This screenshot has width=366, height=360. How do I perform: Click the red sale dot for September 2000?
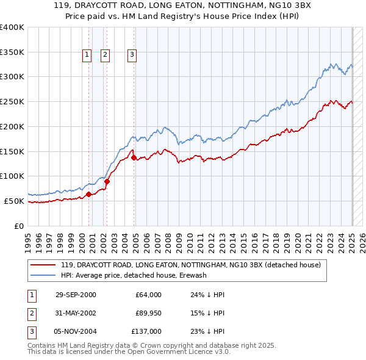pyautogui.click(x=88, y=194)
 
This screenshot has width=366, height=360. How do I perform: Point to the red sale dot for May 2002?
pyautogui.click(x=107, y=181)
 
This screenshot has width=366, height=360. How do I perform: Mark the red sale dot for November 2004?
pyautogui.click(x=134, y=157)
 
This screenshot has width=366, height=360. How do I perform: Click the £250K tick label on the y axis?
pyautogui.click(x=12, y=102)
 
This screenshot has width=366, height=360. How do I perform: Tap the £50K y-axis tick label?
pyautogui.click(x=14, y=201)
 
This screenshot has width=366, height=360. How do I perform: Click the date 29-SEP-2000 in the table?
pyautogui.click(x=76, y=295)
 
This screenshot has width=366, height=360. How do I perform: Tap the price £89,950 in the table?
pyautogui.click(x=148, y=313)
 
